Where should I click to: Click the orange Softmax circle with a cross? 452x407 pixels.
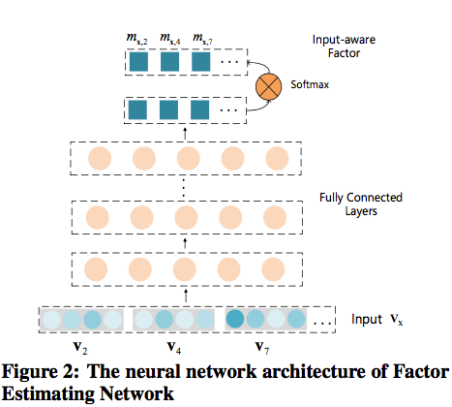coord(268,86)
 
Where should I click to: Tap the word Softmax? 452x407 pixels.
coord(310,84)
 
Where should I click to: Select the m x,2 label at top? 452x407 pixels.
coord(136,39)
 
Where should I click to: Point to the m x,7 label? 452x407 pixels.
coord(202,39)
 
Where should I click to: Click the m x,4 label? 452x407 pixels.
coord(170,39)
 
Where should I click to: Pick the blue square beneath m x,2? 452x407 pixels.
coord(138,62)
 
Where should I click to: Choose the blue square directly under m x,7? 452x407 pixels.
coord(200,62)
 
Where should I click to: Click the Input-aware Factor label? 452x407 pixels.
coord(344,47)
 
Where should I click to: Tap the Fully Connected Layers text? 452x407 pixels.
coord(361,204)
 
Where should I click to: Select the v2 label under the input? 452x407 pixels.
coord(80,348)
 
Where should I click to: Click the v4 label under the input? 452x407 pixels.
coord(174,348)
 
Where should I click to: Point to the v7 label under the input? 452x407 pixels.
coord(262,348)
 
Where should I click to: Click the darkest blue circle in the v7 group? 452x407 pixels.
coord(235,319)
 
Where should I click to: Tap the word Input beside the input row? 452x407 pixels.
coord(367,319)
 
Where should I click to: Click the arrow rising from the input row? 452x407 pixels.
coord(186,297)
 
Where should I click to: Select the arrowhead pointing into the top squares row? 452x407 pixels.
coord(248,62)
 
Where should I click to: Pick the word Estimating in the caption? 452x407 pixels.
coord(48,393)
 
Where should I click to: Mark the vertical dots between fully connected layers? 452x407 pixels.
coord(184,188)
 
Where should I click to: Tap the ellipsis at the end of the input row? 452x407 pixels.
coord(322,322)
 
